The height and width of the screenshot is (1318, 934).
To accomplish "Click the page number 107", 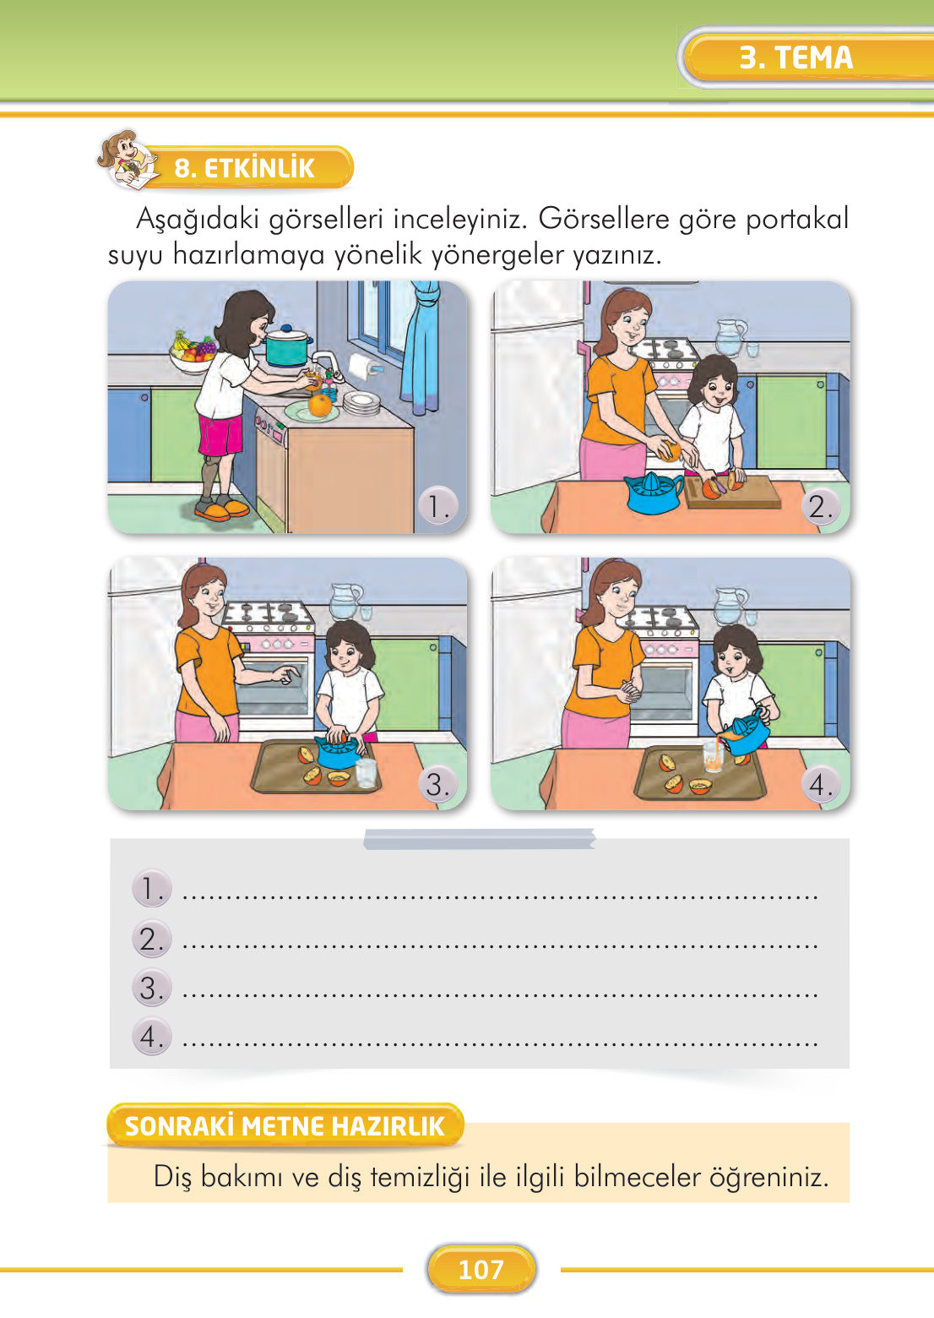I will [481, 1269].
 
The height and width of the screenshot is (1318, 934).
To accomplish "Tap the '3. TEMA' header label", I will [796, 57].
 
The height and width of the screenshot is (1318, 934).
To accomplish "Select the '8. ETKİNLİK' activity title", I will [244, 168].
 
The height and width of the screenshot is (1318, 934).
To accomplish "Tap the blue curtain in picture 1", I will [422, 346].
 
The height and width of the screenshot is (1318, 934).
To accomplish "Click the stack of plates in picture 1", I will [361, 404].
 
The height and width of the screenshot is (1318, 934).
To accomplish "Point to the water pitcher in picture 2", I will [730, 338].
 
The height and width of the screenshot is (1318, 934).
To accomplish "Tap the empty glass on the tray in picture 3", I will [367, 772].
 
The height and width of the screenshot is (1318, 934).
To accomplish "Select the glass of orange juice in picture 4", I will [714, 757].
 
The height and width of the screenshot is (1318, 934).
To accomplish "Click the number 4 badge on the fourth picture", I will [819, 784].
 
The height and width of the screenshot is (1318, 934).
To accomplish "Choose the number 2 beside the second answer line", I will [151, 939].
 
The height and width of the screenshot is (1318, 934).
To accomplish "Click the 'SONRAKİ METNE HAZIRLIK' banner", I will [285, 1125].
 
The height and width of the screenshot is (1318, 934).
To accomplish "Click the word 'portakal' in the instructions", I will [796, 219].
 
